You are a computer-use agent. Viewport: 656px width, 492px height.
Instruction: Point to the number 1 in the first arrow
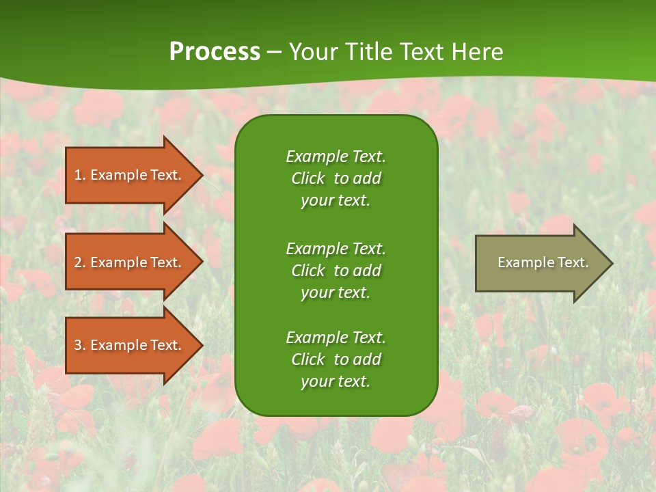[78, 175]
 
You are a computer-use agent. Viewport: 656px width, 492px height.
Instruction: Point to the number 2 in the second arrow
[78, 262]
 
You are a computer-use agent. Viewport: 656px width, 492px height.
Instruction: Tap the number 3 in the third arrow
[78, 345]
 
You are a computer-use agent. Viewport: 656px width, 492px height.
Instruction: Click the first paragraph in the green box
[336, 178]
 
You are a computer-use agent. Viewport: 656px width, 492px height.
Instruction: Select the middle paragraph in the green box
[336, 270]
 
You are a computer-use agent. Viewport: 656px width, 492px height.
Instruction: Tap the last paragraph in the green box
[336, 359]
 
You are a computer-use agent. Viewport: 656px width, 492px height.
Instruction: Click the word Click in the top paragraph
[307, 178]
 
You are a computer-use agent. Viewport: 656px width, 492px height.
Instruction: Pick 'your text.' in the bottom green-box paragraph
[336, 381]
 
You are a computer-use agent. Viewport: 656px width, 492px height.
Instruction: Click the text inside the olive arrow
[543, 262]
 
